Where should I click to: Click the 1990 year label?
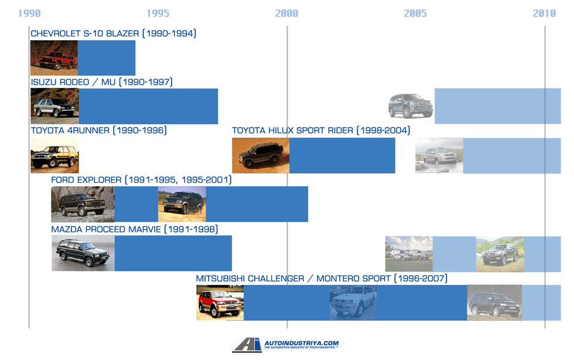(29, 13)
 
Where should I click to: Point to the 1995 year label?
(158, 13)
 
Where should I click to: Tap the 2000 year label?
(287, 13)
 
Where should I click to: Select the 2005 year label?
(415, 13)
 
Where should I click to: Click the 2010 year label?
(544, 13)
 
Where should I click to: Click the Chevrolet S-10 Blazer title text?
(113, 33)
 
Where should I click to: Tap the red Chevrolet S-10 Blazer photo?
(54, 58)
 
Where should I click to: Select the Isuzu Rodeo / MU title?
(101, 82)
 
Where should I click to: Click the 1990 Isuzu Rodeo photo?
(54, 106)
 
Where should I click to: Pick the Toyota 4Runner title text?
(98, 130)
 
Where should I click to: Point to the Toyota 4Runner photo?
(54, 156)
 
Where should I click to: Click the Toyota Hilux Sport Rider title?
(320, 130)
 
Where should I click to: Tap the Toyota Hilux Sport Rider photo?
(260, 156)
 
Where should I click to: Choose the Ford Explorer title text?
(141, 180)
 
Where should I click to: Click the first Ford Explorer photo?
(83, 204)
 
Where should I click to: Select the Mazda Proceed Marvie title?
(134, 229)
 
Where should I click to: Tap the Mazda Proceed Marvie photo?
(83, 253)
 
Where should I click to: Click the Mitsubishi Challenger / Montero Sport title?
(322, 278)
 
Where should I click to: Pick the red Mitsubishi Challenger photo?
(220, 303)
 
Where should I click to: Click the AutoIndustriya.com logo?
(286, 345)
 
